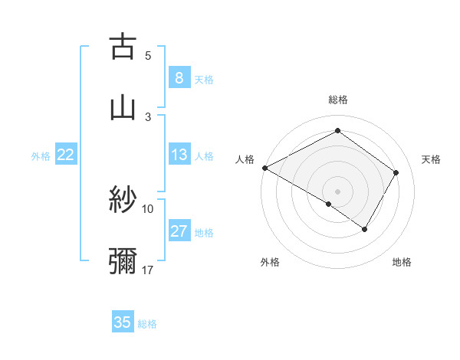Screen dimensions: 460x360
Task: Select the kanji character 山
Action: pos(123,107)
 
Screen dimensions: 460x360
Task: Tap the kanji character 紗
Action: pos(123,201)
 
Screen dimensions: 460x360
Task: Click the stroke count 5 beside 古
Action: pos(148,55)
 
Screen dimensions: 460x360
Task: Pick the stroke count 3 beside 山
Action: pos(148,116)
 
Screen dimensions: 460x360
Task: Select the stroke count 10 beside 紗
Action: pos(148,208)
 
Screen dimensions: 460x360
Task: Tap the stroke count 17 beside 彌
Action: pos(148,270)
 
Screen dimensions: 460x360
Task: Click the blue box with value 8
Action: pos(179,77)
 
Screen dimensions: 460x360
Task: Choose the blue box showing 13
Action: pos(179,155)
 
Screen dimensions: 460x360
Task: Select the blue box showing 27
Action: pos(179,231)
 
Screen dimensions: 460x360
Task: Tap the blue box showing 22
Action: pos(66,155)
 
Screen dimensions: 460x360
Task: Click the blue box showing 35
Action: pos(123,322)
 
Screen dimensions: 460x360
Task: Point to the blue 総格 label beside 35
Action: pos(147,324)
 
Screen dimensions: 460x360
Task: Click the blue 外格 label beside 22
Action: pos(41,156)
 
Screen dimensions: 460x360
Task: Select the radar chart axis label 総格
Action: pos(337,100)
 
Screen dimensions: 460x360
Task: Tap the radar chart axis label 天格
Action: pos(432,159)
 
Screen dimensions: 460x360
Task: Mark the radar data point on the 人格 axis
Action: pos(264,167)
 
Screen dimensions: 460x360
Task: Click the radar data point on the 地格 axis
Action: pos(365,229)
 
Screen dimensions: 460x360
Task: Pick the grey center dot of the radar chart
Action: pos(337,191)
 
